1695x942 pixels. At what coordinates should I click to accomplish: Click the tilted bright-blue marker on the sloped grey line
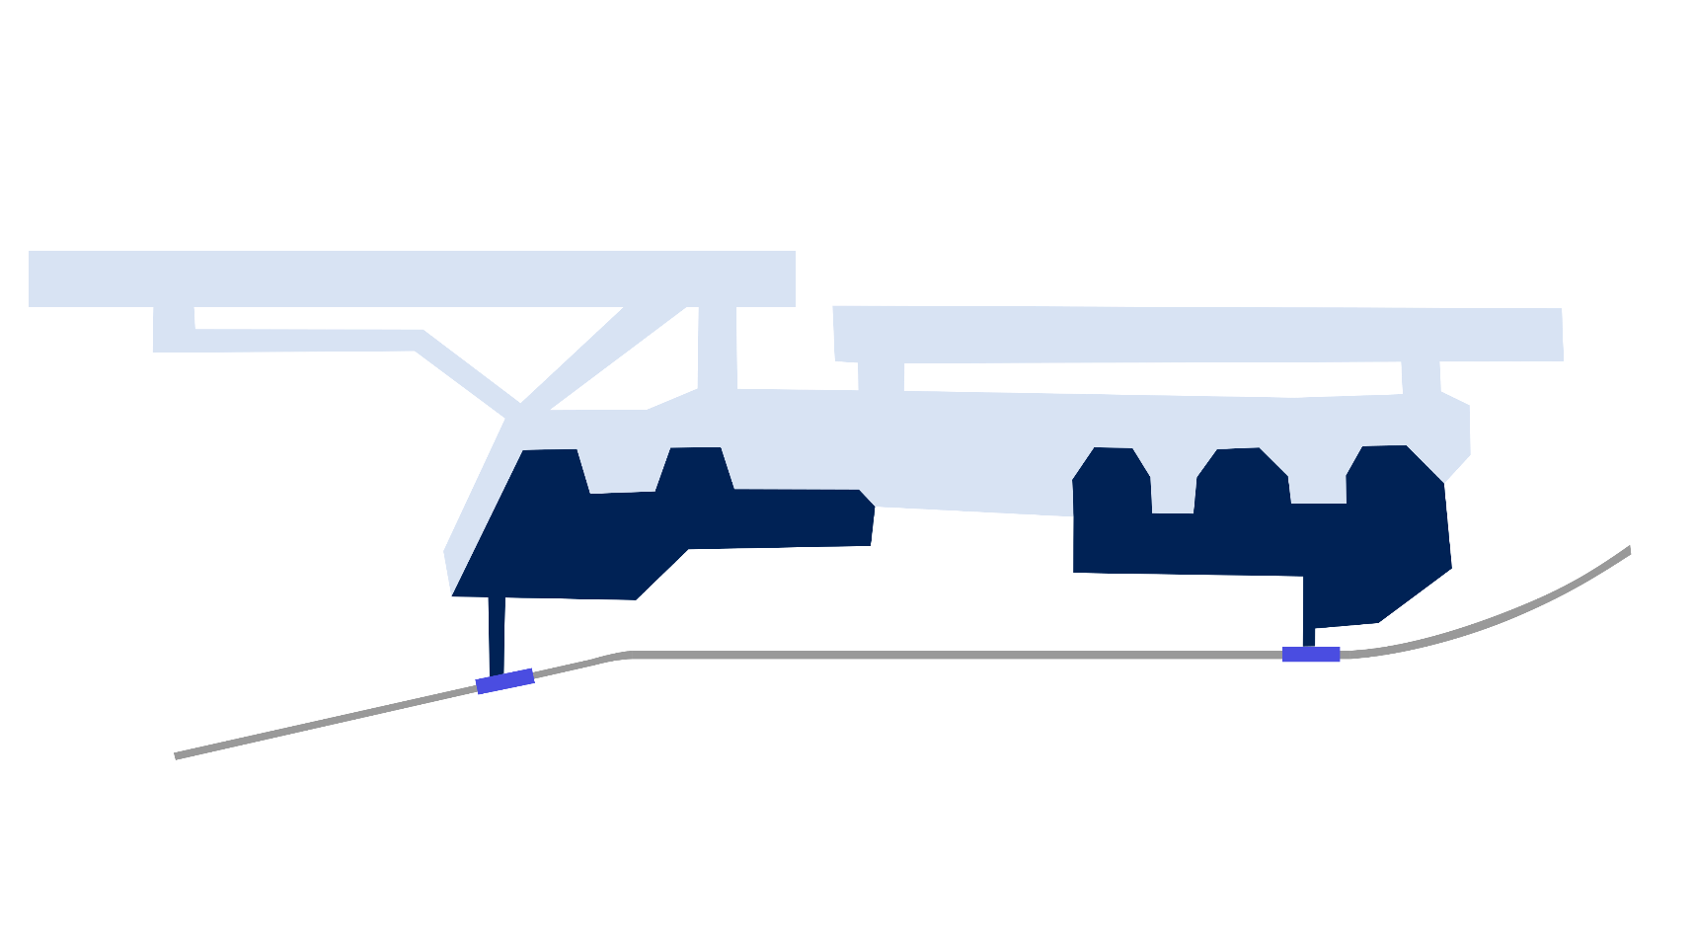pyautogui.click(x=504, y=681)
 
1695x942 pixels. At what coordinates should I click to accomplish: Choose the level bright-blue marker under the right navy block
pyautogui.click(x=1311, y=655)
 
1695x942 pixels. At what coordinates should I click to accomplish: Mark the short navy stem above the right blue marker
pyautogui.click(x=1309, y=636)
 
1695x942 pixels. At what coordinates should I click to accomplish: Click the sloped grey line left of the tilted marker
pyautogui.click(x=326, y=721)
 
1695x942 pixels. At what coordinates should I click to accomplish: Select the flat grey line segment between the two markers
pyautogui.click(x=948, y=655)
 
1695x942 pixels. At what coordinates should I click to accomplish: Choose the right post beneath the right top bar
pyautogui.click(x=1421, y=378)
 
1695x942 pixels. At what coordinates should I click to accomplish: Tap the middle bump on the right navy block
pyautogui.click(x=1242, y=474)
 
